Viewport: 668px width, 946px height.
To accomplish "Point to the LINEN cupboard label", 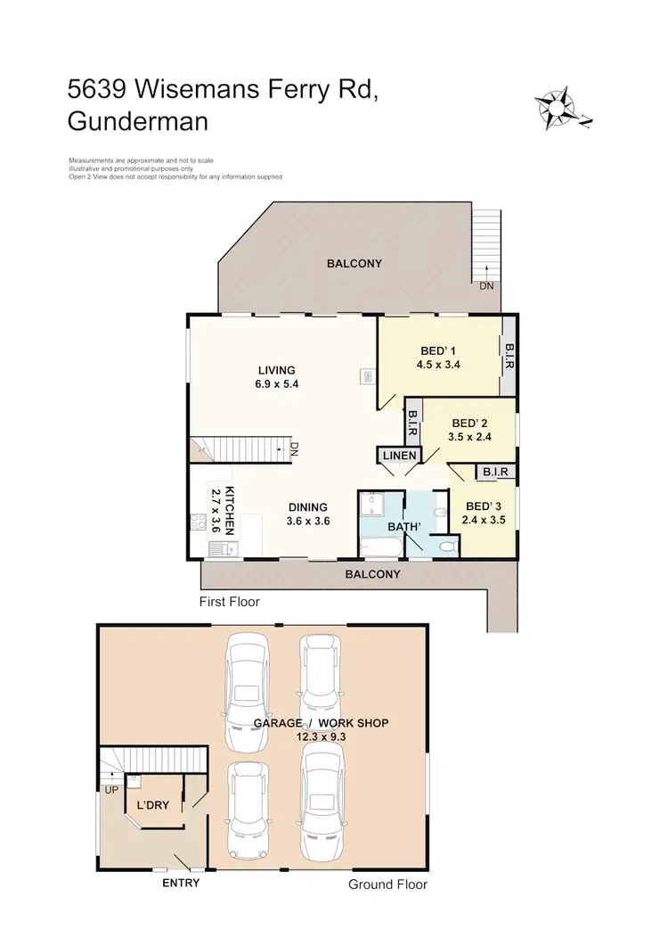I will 398,456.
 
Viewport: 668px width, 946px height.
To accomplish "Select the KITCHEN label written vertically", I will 229,510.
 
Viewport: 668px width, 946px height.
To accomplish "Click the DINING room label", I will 307,507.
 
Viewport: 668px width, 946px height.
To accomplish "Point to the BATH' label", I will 407,527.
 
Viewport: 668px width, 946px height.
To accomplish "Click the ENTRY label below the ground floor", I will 181,884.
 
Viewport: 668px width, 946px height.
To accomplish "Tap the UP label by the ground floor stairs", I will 111,789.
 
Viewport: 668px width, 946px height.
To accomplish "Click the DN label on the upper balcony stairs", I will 486,286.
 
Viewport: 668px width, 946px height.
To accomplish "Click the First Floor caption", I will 230,602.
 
